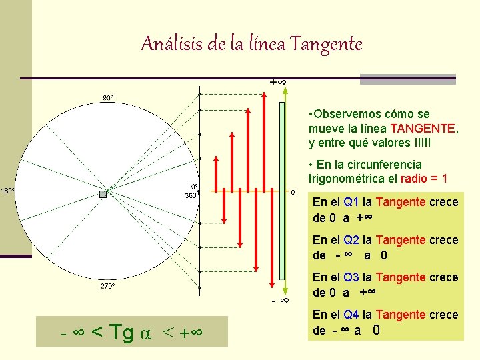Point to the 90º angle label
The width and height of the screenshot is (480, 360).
pos(107,97)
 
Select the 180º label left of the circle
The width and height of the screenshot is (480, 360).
pos(8,191)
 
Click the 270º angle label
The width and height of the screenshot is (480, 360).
pos(107,287)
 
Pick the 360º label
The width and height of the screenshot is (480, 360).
pos(191,196)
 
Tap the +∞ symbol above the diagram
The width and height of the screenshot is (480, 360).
pos(278,81)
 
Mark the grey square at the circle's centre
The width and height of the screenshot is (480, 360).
pos(103,194)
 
